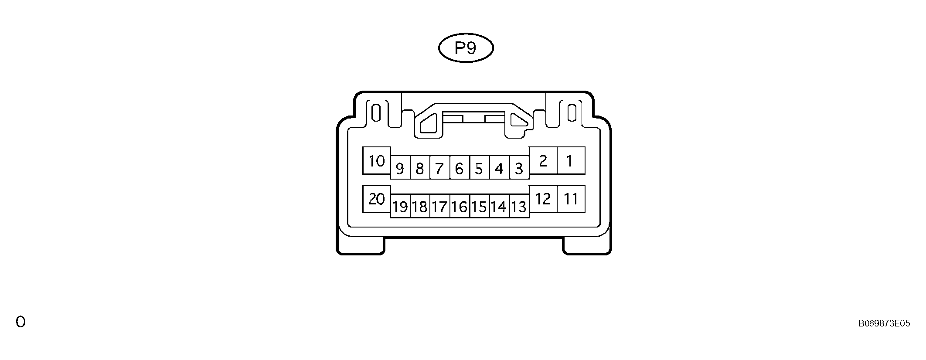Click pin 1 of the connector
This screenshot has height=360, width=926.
571,161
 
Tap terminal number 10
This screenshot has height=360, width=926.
377,161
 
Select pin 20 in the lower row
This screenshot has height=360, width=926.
377,199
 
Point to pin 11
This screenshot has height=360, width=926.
571,199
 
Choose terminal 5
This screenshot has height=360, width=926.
479,168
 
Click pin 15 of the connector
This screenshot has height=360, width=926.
479,206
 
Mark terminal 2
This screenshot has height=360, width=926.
543,161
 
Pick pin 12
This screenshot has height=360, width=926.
543,199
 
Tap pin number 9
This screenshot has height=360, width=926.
400,168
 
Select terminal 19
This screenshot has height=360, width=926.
400,206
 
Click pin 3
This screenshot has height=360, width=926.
519,168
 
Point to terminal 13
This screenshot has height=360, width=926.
519,206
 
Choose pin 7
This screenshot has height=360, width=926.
440,168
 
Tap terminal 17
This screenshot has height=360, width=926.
440,206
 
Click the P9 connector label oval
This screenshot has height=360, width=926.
466,48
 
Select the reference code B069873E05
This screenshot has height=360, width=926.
884,323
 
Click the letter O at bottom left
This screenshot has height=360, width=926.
20,322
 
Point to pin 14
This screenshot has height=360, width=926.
499,206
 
